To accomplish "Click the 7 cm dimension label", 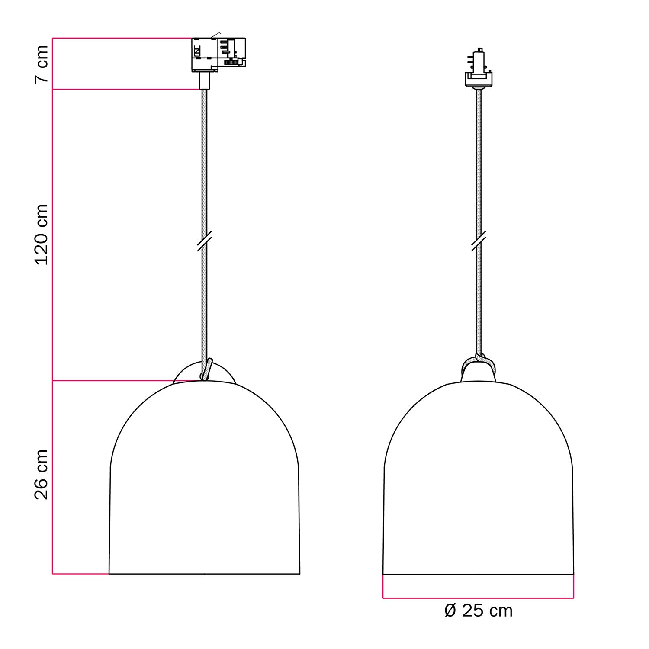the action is tap(42, 64).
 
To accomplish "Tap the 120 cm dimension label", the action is tap(42, 235).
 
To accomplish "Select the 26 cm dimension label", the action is tap(42, 475).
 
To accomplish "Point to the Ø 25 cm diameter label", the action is tap(479, 610).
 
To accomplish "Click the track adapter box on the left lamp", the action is tap(218, 55).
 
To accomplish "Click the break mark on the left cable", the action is tap(204, 241).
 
